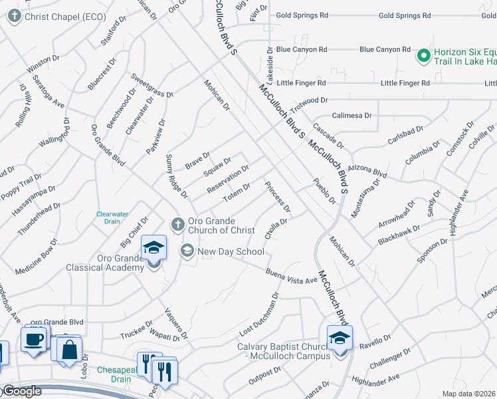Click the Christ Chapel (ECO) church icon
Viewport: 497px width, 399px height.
pyautogui.click(x=15, y=17)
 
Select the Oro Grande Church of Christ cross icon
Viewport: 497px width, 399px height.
pyautogui.click(x=177, y=224)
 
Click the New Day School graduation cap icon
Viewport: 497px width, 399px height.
pyautogui.click(x=187, y=251)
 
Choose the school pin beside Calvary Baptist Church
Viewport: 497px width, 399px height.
pyautogui.click(x=340, y=340)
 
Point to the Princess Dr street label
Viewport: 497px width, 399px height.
pyautogui.click(x=278, y=196)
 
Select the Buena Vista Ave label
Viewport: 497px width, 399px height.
pyautogui.click(x=292, y=276)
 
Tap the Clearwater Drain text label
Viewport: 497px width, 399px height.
pyautogui.click(x=112, y=217)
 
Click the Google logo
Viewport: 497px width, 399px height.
pyautogui.click(x=22, y=392)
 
